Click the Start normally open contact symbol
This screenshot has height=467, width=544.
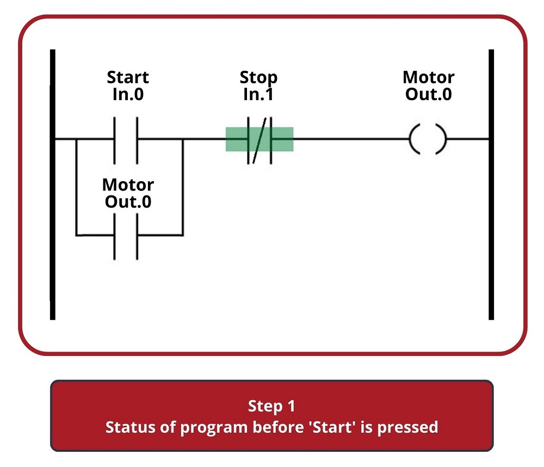pyautogui.click(x=126, y=140)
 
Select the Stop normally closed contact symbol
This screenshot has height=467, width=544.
pyautogui.click(x=259, y=140)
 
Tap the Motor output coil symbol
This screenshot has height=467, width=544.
pyautogui.click(x=428, y=139)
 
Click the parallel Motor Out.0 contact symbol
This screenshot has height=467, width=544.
pyautogui.click(x=126, y=236)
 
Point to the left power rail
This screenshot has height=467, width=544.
pyautogui.click(x=53, y=185)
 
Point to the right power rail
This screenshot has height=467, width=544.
pyautogui.click(x=491, y=185)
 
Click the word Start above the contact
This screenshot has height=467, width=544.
pyautogui.click(x=128, y=77)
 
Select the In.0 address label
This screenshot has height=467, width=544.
pyautogui.click(x=128, y=94)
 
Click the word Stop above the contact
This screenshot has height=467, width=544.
pyautogui.click(x=258, y=78)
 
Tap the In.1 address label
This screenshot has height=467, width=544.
pyautogui.click(x=258, y=94)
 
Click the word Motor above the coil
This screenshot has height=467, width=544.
pyautogui.click(x=429, y=77)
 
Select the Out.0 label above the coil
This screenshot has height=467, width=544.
pyautogui.click(x=429, y=94)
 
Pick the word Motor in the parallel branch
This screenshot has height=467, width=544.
pyautogui.click(x=128, y=185)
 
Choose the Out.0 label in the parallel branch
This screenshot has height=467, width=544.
pyautogui.click(x=128, y=202)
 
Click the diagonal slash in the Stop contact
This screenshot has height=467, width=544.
pyautogui.click(x=259, y=140)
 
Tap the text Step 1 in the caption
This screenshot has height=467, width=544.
pyautogui.click(x=271, y=406)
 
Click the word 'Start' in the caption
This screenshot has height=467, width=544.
pyautogui.click(x=332, y=427)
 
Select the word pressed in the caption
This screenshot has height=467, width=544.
pyautogui.click(x=407, y=428)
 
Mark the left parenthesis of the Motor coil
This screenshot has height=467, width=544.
pyautogui.click(x=415, y=139)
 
